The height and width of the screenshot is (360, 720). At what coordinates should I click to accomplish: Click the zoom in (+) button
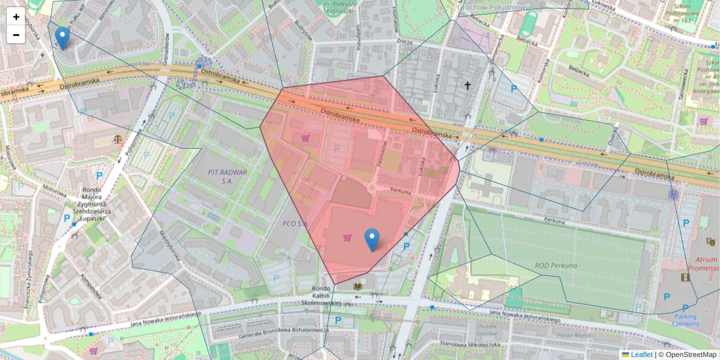(x=16, y=17)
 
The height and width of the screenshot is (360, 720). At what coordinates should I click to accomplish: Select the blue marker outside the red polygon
(x=62, y=38)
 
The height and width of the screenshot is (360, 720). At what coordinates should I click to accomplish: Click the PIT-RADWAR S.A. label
(x=220, y=175)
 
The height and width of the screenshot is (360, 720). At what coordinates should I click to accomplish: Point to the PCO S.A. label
(x=295, y=223)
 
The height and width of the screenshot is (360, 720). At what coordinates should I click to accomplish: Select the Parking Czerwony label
(x=685, y=320)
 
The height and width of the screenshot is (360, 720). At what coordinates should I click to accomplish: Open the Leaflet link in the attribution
(x=641, y=355)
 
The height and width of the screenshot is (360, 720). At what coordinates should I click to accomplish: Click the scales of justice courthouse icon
(x=116, y=139)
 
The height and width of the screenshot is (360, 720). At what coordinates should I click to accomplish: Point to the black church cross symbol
(x=467, y=86)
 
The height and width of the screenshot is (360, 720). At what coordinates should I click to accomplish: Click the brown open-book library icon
(x=358, y=287)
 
